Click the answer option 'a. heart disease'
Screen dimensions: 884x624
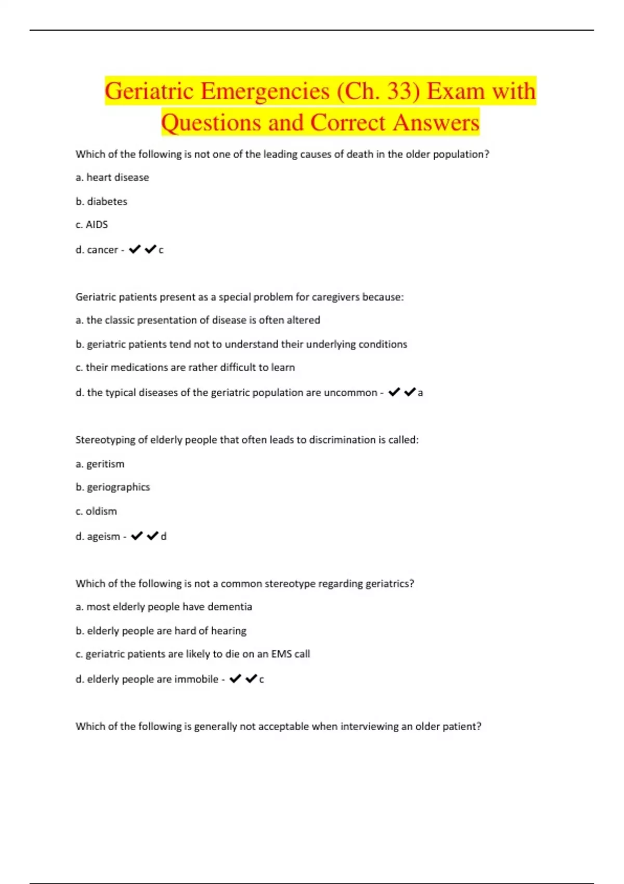(x=112, y=177)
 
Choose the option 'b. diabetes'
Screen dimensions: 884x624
(x=101, y=201)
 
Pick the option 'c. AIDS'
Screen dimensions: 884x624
(x=92, y=225)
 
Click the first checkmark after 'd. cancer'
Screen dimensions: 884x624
(x=135, y=250)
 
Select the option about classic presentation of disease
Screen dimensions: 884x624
(x=198, y=320)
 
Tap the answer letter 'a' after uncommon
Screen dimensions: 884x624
(x=420, y=393)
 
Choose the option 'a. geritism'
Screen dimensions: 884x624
(x=100, y=464)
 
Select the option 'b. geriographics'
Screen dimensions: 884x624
(x=113, y=487)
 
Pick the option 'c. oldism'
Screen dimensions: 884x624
(x=96, y=511)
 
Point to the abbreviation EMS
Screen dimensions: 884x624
(x=281, y=654)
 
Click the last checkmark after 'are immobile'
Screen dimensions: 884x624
(x=251, y=679)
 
